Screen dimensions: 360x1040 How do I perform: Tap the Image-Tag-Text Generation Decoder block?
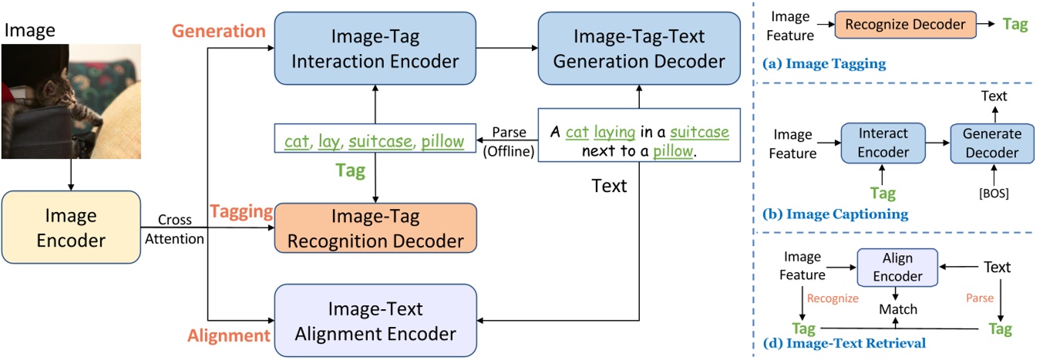(x=637, y=48)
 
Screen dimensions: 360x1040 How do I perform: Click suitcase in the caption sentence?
(x=699, y=133)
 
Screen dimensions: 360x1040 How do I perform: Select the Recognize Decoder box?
(x=905, y=25)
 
